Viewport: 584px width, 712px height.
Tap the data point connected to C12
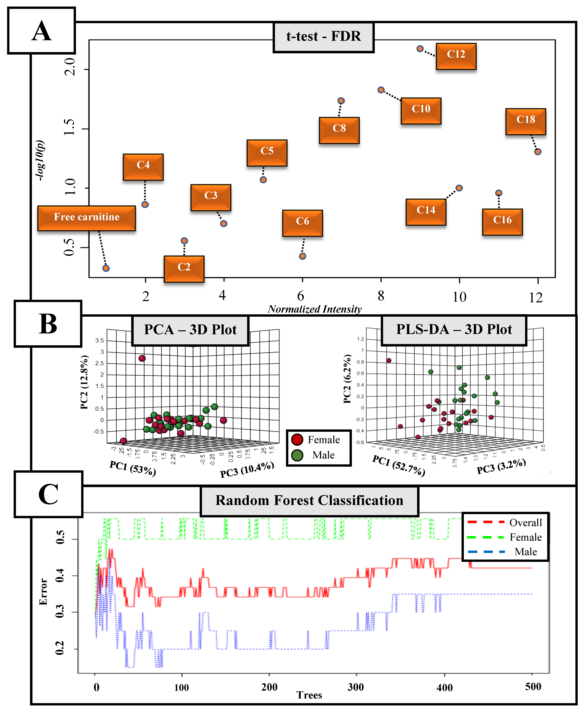[420, 49]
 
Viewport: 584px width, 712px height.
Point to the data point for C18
[538, 152]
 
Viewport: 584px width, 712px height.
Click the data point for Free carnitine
[106, 268]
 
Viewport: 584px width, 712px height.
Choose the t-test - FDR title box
[323, 37]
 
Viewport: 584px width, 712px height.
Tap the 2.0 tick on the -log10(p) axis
[70, 67]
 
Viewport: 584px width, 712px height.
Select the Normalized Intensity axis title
[315, 309]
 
